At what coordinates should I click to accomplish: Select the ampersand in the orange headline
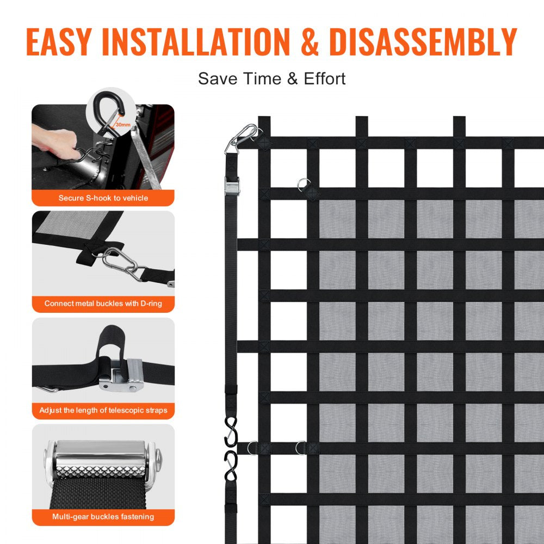point(310,42)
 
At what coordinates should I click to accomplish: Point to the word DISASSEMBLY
point(423,42)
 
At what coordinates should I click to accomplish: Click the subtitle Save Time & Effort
point(271,78)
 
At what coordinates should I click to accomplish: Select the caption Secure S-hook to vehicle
point(103,198)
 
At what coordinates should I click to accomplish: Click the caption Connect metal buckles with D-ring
point(103,304)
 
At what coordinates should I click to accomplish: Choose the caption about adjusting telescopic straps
point(103,410)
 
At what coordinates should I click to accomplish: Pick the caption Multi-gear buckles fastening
point(103,516)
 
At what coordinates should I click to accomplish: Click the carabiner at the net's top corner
point(242,138)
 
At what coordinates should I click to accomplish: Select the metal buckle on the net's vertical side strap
point(231,186)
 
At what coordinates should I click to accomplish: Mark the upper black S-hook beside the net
point(231,430)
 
